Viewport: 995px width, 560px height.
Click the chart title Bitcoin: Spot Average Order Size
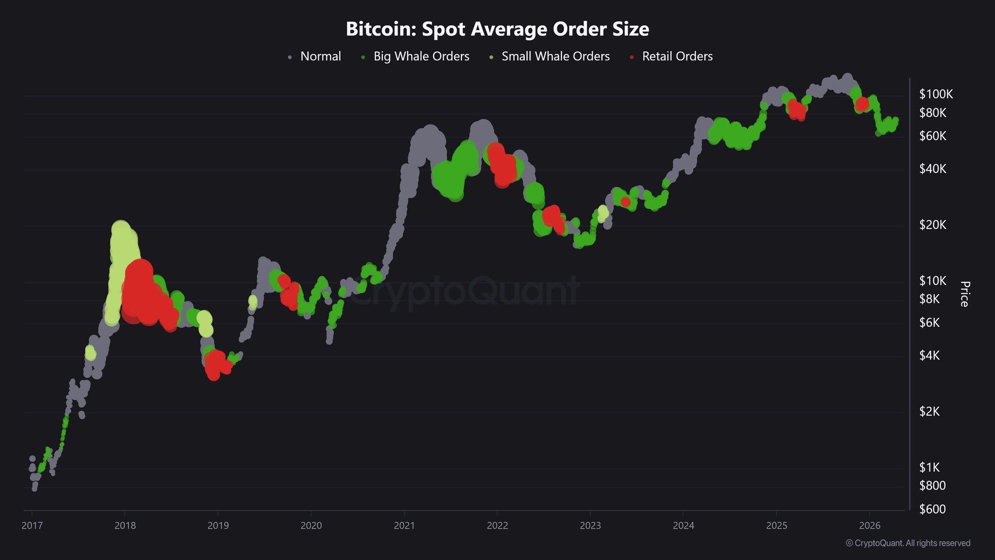point(497,29)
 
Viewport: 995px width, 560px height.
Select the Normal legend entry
point(320,56)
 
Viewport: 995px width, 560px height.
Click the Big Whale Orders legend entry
point(421,56)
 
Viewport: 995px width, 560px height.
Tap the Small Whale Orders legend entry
point(555,56)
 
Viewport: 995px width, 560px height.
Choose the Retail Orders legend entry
point(677,56)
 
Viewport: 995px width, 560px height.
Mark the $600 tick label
point(932,509)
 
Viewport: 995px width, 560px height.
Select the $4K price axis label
point(929,355)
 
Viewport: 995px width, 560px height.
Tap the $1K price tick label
point(929,467)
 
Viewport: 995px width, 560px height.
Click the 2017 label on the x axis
point(32,525)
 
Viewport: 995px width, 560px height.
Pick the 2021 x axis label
point(404,525)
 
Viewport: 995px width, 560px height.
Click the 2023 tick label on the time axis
point(590,525)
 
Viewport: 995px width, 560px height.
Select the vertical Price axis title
point(965,294)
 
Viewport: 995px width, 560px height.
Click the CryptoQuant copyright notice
point(908,543)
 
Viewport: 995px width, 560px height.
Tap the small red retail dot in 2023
point(625,202)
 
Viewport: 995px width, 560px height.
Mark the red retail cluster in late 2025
point(862,104)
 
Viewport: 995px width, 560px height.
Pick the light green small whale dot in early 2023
point(603,212)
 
